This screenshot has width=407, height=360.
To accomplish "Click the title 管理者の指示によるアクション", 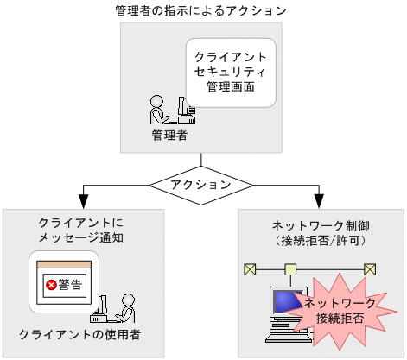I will [x=200, y=11].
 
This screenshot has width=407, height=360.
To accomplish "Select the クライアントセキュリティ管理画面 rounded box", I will [x=231, y=73].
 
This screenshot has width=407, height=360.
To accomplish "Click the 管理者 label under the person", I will [x=170, y=136].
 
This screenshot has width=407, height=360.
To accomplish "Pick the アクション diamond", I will [x=200, y=185].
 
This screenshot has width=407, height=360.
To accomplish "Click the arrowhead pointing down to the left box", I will [x=82, y=201].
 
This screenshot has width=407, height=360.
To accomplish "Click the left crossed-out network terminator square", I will [x=250, y=269].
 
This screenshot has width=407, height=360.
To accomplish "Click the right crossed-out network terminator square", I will [x=370, y=269].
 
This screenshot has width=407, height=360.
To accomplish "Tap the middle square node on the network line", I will [x=291, y=269].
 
